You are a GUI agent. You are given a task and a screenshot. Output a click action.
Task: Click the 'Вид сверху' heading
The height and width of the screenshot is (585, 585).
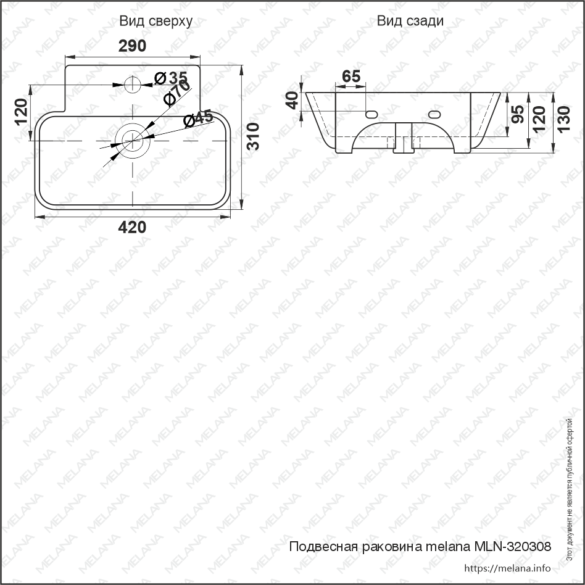click(x=156, y=21)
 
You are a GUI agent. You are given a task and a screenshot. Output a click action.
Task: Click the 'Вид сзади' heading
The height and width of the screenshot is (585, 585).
click(x=410, y=21)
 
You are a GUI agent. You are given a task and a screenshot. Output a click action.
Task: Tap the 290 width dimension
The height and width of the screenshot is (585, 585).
click(x=132, y=46)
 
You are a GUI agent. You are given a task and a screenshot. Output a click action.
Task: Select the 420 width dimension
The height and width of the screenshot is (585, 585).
click(x=132, y=227)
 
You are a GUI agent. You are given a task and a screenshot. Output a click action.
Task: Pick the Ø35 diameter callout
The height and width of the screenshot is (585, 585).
click(x=170, y=78)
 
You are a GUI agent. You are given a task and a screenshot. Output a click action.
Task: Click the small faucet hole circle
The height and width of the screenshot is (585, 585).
click(x=133, y=83)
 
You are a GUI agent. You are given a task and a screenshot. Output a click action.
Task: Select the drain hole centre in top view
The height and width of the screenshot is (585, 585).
click(x=132, y=140)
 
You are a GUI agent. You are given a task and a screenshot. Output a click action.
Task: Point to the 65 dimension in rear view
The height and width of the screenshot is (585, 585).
click(x=351, y=77)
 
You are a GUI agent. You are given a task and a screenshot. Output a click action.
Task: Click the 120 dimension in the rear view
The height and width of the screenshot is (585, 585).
click(x=539, y=115)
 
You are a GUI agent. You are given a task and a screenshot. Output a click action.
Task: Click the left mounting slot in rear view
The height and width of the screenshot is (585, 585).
click(x=371, y=114)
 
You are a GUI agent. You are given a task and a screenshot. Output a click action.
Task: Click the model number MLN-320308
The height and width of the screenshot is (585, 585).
click(x=512, y=546)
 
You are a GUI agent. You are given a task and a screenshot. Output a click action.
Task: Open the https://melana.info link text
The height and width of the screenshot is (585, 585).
click(x=506, y=568)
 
